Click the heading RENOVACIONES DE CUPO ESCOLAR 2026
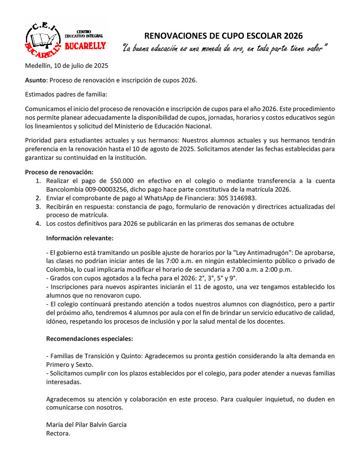coord(223,35)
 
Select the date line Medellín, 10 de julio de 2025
coord(66,66)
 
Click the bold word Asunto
coord(35,80)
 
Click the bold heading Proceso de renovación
coord(59,172)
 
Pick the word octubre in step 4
coord(282,223)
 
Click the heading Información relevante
coord(80,238)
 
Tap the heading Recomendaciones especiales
coord(90,339)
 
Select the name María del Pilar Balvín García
coord(86,425)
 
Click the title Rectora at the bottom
coord(58,433)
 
